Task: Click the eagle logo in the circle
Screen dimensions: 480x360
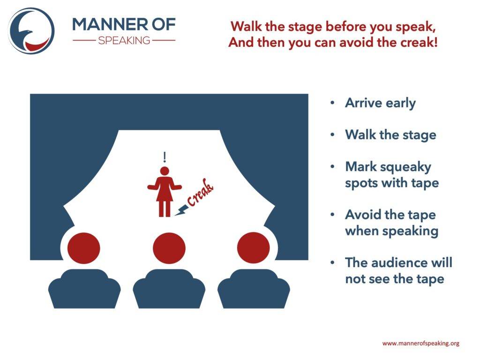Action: tap(31, 30)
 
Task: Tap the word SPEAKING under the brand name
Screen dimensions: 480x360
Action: tap(124, 40)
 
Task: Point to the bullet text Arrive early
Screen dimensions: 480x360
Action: tap(380, 103)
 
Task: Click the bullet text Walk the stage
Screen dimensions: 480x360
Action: tap(390, 135)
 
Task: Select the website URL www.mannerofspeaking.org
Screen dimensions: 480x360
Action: tap(421, 343)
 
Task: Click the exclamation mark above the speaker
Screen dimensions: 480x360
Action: tap(165, 157)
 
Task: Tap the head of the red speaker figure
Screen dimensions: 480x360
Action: tap(165, 171)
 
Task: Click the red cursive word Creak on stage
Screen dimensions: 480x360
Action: tap(200, 192)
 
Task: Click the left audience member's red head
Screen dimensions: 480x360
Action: tap(83, 247)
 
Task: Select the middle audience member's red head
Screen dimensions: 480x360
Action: tap(169, 248)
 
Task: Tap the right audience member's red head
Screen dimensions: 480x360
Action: tap(254, 247)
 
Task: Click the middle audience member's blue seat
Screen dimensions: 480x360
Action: tap(169, 289)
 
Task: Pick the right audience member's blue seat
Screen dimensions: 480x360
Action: tap(254, 289)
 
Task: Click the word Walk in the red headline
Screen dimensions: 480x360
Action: tap(247, 27)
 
